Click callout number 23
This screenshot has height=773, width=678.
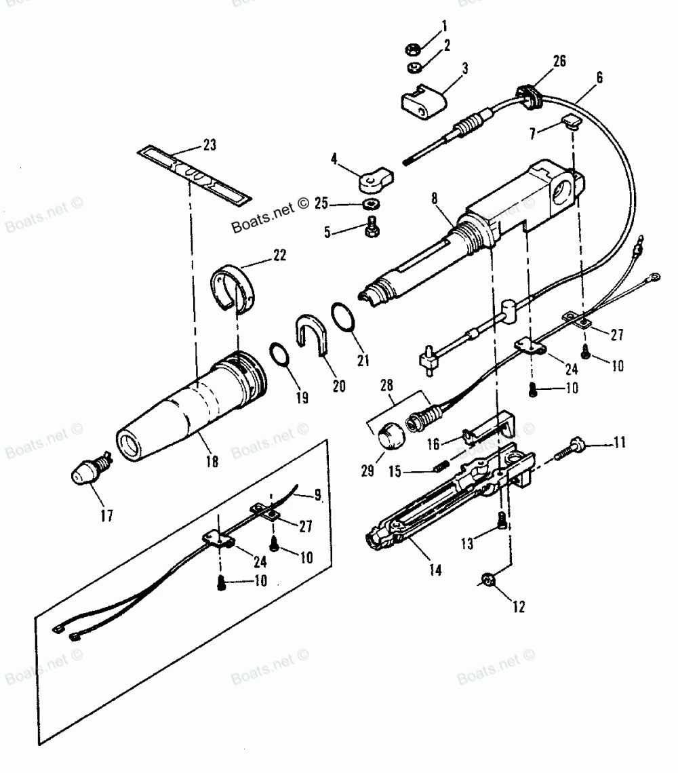(210, 144)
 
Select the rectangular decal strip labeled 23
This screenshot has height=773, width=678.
(193, 174)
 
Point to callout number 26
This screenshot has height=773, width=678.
(559, 60)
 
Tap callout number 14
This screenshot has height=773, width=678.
(435, 571)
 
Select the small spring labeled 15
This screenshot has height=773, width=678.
(439, 466)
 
